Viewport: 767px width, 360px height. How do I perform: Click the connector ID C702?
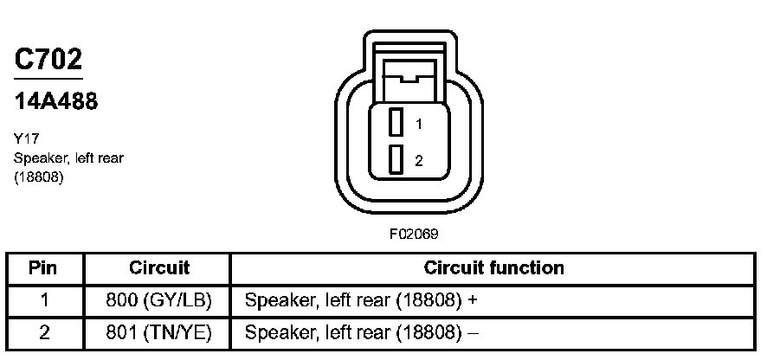point(48,60)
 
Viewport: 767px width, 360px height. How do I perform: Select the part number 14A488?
point(56,101)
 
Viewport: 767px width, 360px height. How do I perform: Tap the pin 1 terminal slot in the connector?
point(396,122)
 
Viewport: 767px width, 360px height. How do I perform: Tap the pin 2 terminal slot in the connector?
point(396,159)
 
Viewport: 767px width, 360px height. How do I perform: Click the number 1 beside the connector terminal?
point(418,124)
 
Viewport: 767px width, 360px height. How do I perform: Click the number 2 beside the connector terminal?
point(418,160)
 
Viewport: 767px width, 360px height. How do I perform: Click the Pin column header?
point(43,268)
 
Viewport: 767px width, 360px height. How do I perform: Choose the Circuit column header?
point(158,268)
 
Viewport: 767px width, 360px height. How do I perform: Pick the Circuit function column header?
point(493,268)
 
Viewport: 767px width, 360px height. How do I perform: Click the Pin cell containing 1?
point(43,300)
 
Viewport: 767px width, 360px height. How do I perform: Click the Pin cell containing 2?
point(43,331)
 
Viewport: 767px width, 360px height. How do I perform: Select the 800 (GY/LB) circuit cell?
point(158,300)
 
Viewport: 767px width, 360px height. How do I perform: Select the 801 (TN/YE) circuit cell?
point(158,331)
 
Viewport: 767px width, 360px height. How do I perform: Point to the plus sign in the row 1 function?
point(472,300)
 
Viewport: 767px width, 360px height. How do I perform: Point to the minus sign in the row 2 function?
point(473,332)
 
